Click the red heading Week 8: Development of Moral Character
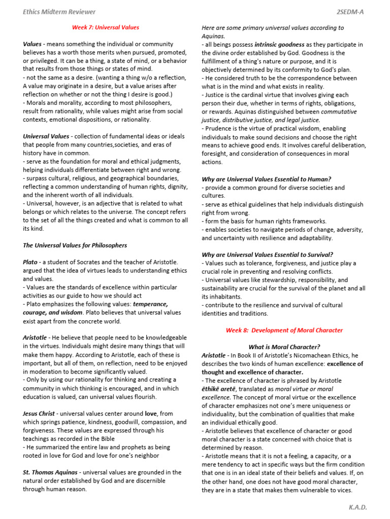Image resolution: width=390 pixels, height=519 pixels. [284, 330]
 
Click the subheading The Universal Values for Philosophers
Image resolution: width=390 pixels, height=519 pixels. [75, 245]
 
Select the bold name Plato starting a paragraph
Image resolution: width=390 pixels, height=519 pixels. [30, 262]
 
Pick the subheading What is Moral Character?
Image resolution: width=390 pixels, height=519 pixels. [284, 347]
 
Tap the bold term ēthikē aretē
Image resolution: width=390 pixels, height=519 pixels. [220, 389]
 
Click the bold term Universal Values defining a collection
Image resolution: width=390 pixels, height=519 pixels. [46, 136]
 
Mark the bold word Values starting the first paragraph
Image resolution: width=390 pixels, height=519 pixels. [32, 44]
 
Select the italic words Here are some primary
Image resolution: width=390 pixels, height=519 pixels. [232, 28]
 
